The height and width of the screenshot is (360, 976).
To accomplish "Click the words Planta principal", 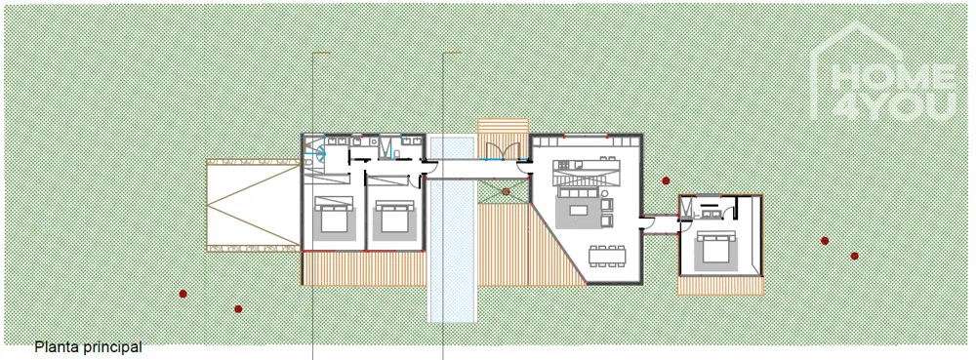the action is [89, 347].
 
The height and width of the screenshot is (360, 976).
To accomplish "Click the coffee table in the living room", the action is [578, 210].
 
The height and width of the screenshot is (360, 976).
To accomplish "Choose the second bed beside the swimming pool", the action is [394, 217].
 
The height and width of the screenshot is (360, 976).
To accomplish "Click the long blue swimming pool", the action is [453, 229].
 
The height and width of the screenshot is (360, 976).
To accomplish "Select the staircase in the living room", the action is [588, 178].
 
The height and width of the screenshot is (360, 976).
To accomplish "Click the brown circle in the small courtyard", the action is [506, 191].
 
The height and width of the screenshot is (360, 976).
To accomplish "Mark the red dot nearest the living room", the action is [666, 180].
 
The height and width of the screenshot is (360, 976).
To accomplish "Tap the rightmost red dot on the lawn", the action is [855, 256].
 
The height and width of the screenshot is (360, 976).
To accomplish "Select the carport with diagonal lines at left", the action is [254, 205].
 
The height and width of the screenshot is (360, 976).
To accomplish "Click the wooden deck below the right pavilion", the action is [720, 285].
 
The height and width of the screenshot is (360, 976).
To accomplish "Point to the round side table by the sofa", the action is [605, 193].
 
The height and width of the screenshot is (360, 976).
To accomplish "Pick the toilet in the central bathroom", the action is [396, 151].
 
